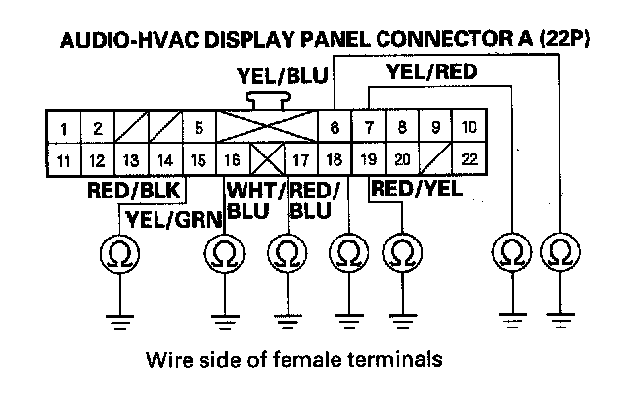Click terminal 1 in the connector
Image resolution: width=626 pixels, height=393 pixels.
[63, 127]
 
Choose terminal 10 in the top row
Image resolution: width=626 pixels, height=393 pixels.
[469, 127]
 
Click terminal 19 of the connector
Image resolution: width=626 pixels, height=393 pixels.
[369, 156]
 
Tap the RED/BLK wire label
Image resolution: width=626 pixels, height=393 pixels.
[127, 190]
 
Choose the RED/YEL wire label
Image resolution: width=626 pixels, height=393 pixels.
[416, 189]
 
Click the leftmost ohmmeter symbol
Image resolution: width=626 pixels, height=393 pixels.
[120, 253]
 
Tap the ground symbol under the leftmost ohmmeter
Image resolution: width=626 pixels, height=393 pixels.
[120, 316]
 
